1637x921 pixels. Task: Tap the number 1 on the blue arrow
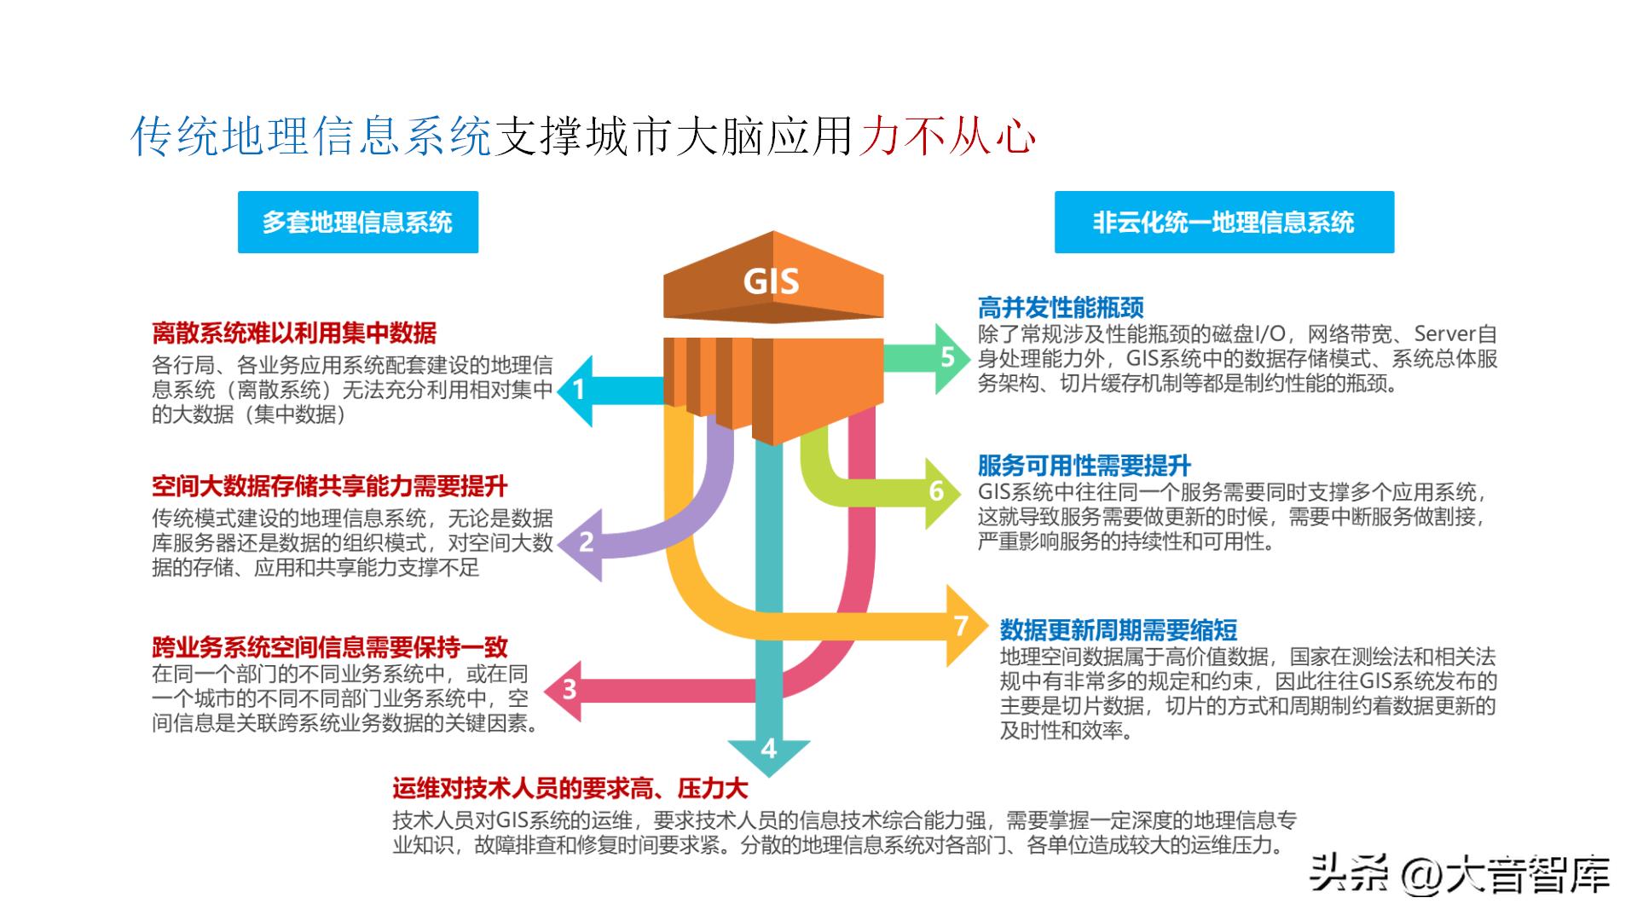pos(579,391)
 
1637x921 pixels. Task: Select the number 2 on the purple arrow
pos(587,542)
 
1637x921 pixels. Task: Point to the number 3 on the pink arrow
pos(570,689)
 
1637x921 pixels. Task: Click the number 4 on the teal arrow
pos(769,749)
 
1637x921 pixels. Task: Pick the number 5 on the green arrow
pos(947,357)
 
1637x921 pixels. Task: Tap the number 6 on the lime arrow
pos(937,492)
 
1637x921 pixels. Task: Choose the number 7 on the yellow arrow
pos(961,626)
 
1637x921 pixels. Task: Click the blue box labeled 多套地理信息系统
pos(357,223)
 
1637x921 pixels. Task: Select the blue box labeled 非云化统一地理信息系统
pos(1223,223)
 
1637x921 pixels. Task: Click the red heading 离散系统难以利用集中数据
pos(294,333)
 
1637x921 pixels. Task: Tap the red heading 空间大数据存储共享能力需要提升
pos(330,486)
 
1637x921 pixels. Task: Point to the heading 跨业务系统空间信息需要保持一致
pos(330,646)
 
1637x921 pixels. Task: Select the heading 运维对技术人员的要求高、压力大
pos(570,788)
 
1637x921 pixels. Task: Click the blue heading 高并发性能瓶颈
pos(1061,308)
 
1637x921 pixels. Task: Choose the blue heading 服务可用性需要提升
pos(1084,466)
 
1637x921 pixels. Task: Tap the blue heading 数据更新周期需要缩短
pos(1119,630)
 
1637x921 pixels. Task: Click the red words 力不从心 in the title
pos(947,136)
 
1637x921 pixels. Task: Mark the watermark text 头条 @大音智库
pos(1459,876)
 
